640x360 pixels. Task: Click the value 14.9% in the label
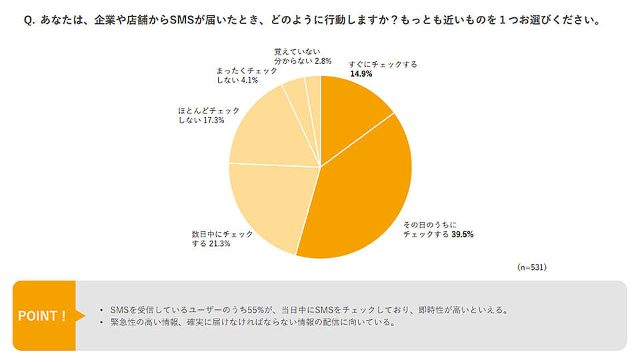(361, 74)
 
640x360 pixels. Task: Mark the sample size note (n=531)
(532, 267)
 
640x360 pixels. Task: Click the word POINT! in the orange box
(42, 315)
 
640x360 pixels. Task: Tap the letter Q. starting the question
(29, 21)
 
